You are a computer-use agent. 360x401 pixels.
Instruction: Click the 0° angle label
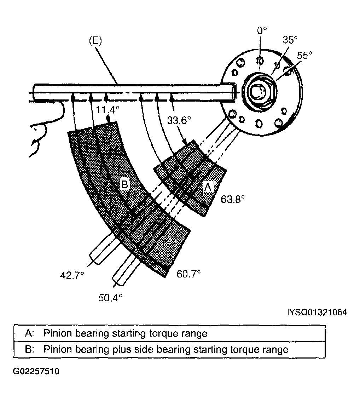click(x=262, y=31)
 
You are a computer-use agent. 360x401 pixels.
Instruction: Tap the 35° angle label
click(x=290, y=40)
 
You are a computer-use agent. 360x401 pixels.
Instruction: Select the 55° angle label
click(x=304, y=55)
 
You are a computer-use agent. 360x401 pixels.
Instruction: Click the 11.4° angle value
click(x=107, y=110)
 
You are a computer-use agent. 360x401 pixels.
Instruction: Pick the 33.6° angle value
click(x=179, y=120)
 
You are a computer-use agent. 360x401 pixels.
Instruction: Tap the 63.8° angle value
click(x=232, y=199)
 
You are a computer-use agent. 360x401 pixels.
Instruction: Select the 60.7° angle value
click(x=188, y=274)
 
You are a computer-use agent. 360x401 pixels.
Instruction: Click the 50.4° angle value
click(x=110, y=298)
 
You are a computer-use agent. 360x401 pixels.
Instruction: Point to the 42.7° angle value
click(x=72, y=275)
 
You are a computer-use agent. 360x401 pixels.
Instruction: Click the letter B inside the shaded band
click(x=125, y=184)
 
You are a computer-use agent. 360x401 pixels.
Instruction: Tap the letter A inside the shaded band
click(x=208, y=188)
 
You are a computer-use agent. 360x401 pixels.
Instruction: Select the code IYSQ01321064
click(x=317, y=312)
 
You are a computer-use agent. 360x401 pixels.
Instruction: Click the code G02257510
click(x=36, y=371)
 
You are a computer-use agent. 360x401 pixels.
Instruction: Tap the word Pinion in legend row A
click(x=58, y=333)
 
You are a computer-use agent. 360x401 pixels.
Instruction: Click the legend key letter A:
click(x=30, y=333)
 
